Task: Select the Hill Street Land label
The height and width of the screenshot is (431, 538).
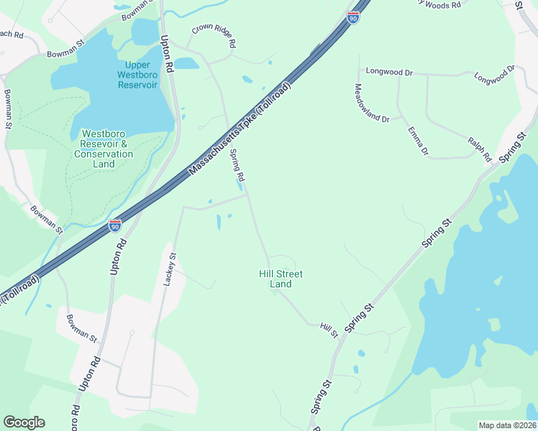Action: [x=281, y=279]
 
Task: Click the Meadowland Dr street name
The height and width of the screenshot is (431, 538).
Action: [x=371, y=103]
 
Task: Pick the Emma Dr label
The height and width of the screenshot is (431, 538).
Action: [x=418, y=141]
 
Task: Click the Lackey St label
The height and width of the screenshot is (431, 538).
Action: [x=170, y=270]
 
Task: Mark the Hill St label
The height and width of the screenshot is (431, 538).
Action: [x=329, y=331]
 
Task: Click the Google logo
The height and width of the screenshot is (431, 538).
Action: [x=24, y=422]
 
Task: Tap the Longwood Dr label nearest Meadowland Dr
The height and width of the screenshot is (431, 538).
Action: [x=389, y=72]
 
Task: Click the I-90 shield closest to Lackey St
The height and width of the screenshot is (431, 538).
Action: [x=115, y=226]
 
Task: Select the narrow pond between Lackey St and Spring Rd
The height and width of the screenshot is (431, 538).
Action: [x=219, y=223]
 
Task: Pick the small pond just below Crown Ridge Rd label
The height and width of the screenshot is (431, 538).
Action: [x=186, y=63]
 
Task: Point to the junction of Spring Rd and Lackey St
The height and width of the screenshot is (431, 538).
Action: [x=247, y=194]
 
